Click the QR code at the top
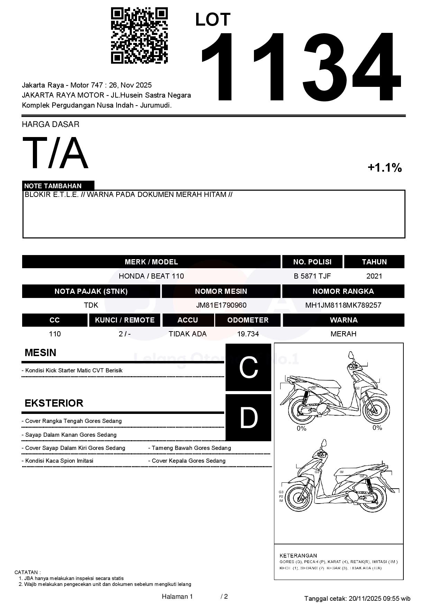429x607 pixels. [139, 36]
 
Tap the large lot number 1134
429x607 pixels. [300, 67]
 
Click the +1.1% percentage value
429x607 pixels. [384, 168]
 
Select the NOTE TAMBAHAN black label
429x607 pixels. [58, 186]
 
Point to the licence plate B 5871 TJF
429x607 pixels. [312, 276]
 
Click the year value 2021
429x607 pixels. [374, 276]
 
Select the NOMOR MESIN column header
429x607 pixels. [221, 291]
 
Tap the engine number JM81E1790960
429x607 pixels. [221, 305]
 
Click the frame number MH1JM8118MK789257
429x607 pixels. [343, 305]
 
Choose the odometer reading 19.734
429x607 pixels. [248, 334]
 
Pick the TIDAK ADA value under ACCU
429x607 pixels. [188, 334]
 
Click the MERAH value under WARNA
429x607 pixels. [343, 334]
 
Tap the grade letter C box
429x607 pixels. [248, 367]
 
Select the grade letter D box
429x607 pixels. [248, 418]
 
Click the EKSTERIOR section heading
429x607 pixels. [54, 403]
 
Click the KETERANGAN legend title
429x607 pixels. [298, 555]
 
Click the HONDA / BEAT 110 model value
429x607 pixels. [151, 276]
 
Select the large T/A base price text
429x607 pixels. [55, 153]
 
